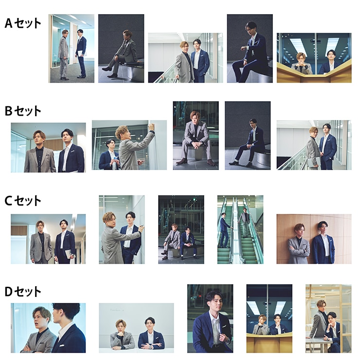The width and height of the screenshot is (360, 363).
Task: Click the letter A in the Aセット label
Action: click(9, 23)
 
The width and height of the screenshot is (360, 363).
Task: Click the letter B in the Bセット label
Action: click(9, 111)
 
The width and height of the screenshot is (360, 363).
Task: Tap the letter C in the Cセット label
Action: click(9, 201)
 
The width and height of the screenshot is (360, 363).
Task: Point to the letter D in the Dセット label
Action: click(9, 291)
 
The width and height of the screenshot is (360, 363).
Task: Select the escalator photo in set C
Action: click(240, 229)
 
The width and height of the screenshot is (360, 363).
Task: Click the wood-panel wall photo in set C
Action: click(314, 239)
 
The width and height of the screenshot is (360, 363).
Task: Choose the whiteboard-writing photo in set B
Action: click(129, 145)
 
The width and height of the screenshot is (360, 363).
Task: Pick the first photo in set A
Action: click(72, 49)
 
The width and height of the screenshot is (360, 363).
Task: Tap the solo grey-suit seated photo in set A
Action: click(121, 49)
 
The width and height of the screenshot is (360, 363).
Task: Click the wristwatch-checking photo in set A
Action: click(250, 49)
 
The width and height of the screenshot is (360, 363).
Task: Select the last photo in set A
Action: click(314, 58)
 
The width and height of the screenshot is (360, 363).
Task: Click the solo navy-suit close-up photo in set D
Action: click(210, 318)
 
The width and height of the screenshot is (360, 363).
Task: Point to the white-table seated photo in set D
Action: click(136, 328)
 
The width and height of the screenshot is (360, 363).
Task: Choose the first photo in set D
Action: click(48, 328)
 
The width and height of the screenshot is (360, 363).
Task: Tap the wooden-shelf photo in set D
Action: click(328, 318)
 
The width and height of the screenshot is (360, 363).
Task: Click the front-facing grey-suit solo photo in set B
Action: click(196, 136)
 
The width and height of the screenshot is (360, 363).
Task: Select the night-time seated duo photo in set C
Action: click(181, 229)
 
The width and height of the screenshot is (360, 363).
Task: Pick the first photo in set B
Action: click(48, 147)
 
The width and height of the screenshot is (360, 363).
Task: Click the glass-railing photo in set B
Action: click(314, 145)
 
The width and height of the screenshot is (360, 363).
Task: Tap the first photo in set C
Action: click(48, 239)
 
